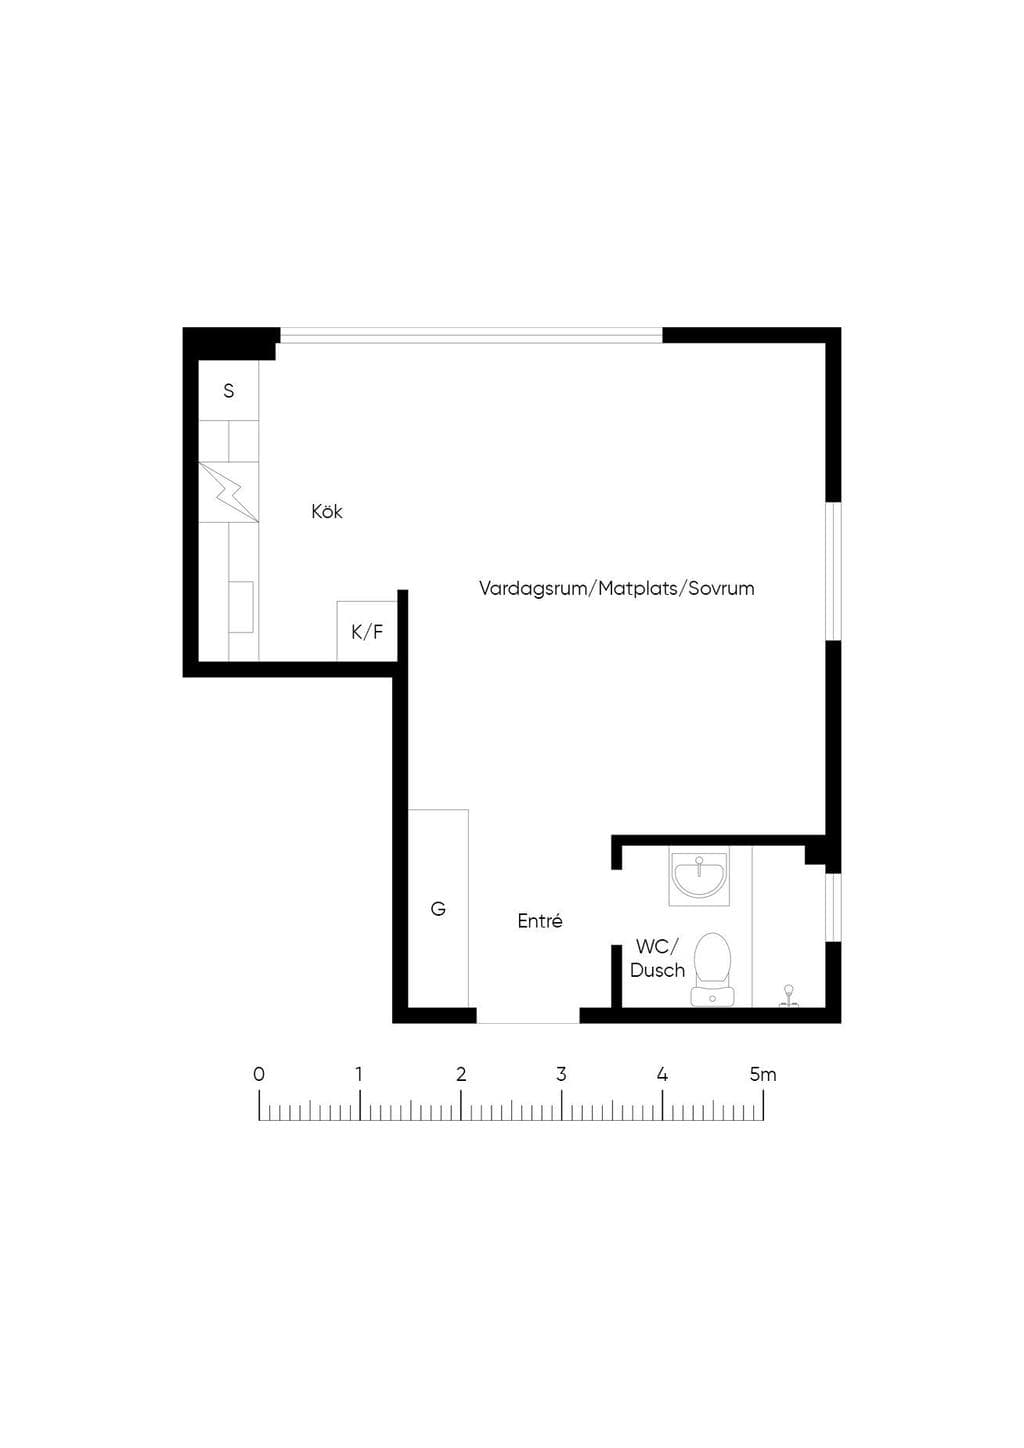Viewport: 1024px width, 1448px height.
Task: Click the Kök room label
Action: coord(326,511)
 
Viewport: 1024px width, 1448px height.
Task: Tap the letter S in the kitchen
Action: coord(228,390)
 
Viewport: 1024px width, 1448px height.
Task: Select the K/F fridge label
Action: coord(367,632)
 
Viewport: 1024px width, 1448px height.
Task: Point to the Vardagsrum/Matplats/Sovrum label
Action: coord(616,588)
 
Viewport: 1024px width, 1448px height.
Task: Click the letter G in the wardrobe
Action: coord(438,908)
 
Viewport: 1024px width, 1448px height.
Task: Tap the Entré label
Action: coord(540,921)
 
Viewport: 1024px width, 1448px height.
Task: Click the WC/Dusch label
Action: coord(657,958)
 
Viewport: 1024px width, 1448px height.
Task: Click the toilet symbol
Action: coord(712,969)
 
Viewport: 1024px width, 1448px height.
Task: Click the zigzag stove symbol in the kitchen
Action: coord(229,492)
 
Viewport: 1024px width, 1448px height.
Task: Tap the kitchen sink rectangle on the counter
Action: coord(240,606)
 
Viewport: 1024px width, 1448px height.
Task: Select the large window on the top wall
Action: coord(471,335)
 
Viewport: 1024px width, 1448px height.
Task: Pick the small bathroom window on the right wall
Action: coord(833,906)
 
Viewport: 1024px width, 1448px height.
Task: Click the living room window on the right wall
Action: coord(833,571)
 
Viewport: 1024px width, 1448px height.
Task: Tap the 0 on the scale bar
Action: coord(259,1074)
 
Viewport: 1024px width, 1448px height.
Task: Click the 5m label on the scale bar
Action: coord(763,1074)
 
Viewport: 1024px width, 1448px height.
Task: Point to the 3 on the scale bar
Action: coord(561,1074)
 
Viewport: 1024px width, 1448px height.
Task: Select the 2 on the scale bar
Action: coord(461,1074)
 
